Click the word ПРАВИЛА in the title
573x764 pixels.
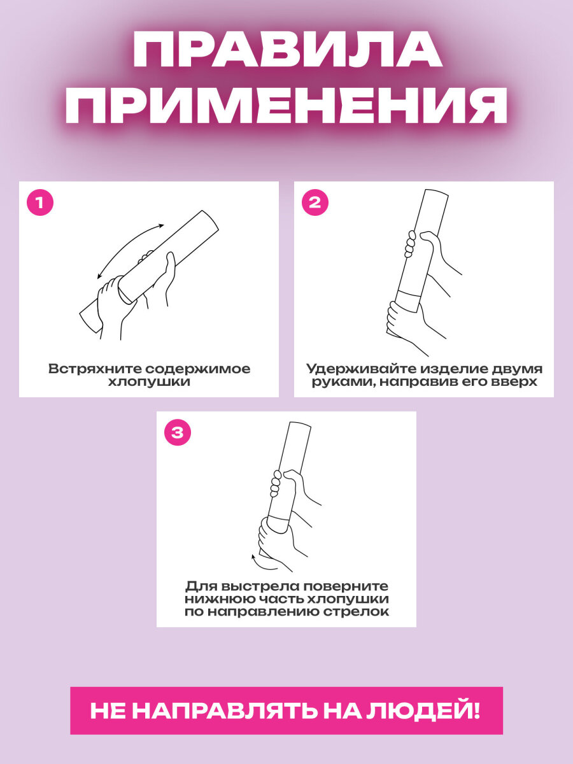click(x=287, y=50)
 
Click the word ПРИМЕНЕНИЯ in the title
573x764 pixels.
click(x=286, y=104)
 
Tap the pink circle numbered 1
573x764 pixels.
click(x=40, y=202)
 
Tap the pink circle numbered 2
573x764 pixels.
click(x=315, y=202)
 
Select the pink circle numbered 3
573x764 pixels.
click(x=178, y=433)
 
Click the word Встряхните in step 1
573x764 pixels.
click(x=95, y=369)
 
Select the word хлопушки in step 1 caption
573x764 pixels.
click(x=149, y=382)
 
